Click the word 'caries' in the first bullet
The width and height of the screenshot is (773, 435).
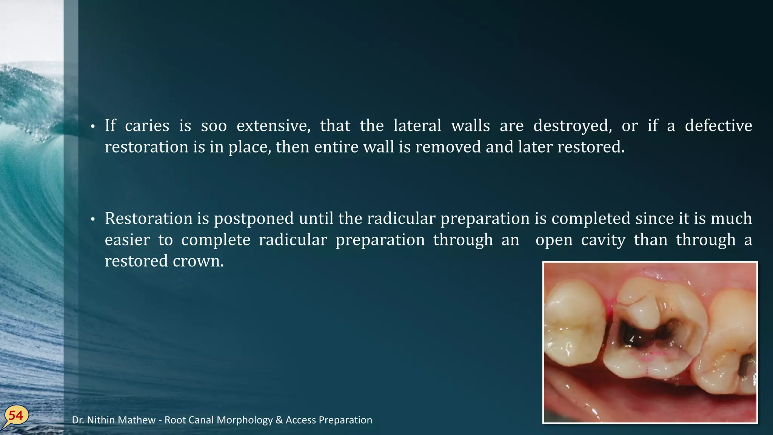pos(147,126)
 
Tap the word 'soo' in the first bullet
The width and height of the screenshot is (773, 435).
pos(214,126)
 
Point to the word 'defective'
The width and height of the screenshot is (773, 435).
pos(718,126)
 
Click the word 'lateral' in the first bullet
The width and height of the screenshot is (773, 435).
pos(417,126)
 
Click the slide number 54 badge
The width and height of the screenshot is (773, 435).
pos(16,416)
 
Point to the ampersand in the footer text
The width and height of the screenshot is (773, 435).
pos(279,420)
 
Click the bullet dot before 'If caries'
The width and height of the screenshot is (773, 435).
pos(92,127)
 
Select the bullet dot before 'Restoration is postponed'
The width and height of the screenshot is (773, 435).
pos(92,220)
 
